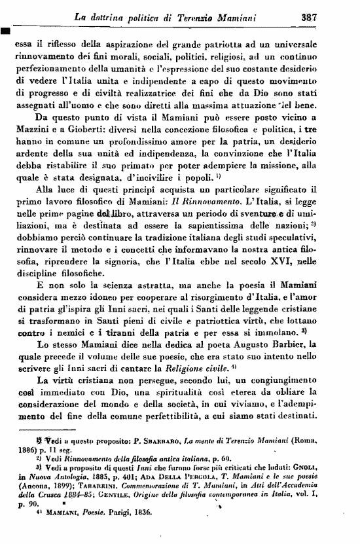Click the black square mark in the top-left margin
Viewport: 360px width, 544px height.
coord(5,30)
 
